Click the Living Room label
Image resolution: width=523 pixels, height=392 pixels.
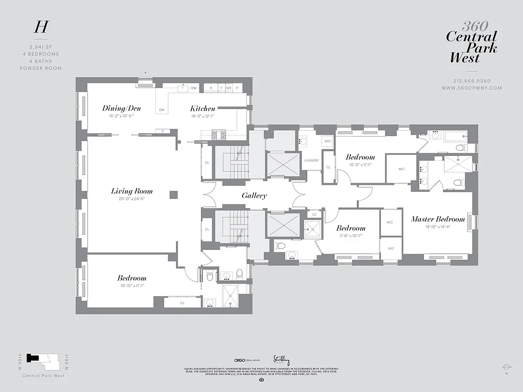131,191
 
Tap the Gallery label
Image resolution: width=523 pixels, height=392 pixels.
254,196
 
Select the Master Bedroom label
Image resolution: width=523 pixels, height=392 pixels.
438,219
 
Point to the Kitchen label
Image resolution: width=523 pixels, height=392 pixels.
202,108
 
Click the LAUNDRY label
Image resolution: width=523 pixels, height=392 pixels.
312,160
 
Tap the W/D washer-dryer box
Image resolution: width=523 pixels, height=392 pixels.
327,142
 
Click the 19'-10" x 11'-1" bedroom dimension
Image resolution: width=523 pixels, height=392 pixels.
131,286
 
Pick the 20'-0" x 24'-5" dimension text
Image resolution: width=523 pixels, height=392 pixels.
131,199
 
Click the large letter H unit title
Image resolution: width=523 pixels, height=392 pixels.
41,27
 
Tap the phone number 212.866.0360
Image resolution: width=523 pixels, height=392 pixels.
472,81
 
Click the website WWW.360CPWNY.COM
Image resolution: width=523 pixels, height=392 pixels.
472,88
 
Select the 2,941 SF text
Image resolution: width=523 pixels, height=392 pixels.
41,47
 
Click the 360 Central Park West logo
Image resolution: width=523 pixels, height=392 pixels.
472,43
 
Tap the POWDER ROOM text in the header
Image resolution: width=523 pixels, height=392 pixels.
41,68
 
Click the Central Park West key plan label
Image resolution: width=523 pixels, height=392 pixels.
43,376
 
